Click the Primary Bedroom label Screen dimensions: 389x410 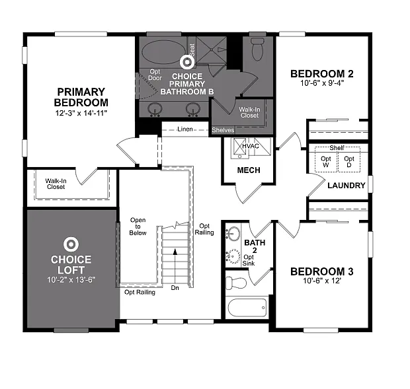point(81,97)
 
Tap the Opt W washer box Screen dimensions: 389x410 point(326,162)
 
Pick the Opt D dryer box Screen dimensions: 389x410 point(348,162)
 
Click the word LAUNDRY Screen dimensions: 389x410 point(346,186)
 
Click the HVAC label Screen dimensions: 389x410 point(250,146)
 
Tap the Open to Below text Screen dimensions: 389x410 point(138,227)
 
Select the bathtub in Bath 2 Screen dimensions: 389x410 point(246,308)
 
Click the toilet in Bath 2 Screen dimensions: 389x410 point(236,283)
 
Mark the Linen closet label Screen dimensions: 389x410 point(184,129)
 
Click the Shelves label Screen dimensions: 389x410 point(223,130)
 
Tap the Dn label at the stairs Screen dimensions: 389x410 point(175,288)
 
